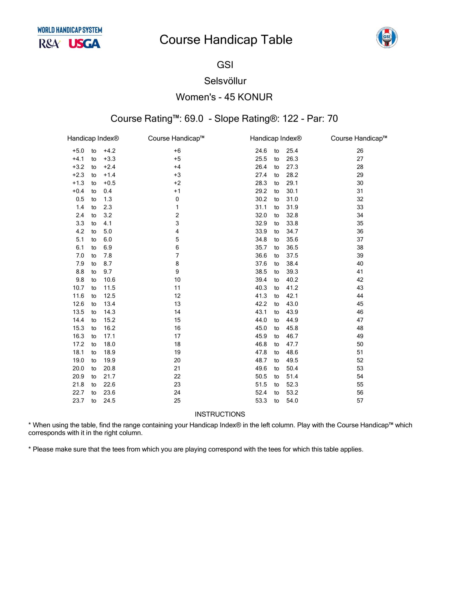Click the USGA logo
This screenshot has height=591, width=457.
[84, 44]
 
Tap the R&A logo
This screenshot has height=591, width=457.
[49, 44]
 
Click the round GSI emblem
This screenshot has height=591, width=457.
[387, 38]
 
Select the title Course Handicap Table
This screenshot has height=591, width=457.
[226, 40]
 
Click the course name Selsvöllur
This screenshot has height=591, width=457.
[225, 81]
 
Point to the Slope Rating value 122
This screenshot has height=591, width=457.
[290, 119]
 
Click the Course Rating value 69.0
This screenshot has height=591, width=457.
[194, 119]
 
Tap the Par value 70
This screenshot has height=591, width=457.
[333, 119]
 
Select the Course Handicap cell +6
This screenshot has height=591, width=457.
[177, 151]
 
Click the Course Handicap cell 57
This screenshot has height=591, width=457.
[360, 401]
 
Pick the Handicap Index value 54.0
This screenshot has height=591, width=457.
[292, 401]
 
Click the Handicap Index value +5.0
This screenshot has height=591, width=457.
[78, 151]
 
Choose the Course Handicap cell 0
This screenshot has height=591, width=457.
[177, 199]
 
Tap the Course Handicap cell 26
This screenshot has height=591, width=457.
[360, 151]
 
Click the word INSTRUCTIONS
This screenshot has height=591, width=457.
[220, 414]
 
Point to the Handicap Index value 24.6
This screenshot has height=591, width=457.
[261, 151]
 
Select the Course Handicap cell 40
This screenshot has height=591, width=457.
[360, 264]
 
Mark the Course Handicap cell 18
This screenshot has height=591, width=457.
[177, 344]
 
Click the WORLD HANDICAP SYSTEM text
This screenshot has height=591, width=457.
[70, 30]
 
